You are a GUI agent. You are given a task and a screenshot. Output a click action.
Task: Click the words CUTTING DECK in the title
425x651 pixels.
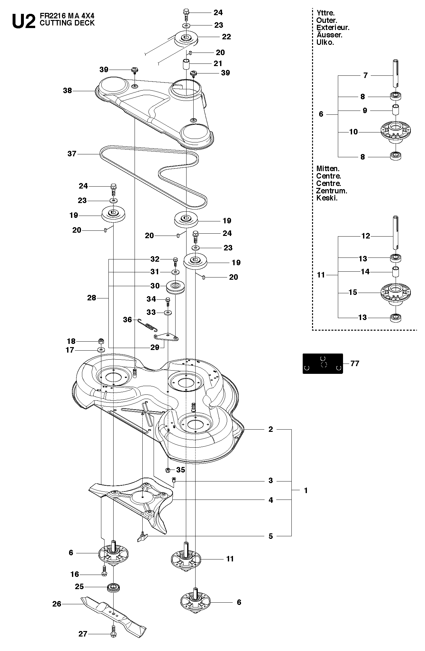click(x=67, y=23)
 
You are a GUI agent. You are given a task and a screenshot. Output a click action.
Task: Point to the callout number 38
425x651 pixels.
click(x=67, y=91)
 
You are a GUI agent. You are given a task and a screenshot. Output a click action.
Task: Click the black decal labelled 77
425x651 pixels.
click(x=323, y=364)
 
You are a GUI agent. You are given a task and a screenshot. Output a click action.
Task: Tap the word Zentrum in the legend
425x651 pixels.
click(x=332, y=191)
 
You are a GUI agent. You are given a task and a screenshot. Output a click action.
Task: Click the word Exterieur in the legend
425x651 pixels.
click(x=333, y=28)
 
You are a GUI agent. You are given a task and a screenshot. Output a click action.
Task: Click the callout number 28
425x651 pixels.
click(x=92, y=298)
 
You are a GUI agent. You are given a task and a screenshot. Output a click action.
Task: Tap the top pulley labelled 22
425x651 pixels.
click(x=186, y=39)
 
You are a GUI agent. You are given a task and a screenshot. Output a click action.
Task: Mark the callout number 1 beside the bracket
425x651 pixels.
click(x=306, y=491)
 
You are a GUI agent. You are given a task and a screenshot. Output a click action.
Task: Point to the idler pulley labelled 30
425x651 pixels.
click(x=176, y=287)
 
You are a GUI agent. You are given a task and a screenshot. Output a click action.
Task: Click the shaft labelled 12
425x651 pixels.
click(x=397, y=232)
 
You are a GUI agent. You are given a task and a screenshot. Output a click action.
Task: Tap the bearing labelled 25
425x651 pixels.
click(x=113, y=587)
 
